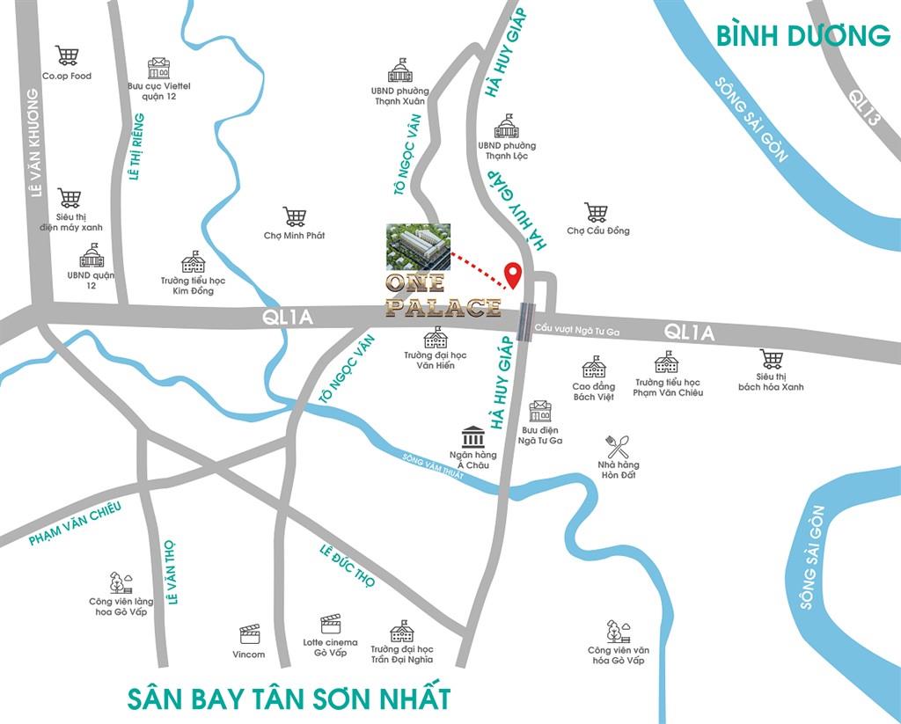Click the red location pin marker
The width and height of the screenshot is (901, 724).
tap(511, 274)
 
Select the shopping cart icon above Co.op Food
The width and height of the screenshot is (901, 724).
tap(67, 55)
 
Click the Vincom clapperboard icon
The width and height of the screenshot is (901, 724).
tap(249, 634)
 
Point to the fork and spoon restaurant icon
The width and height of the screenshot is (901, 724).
tap(618, 446)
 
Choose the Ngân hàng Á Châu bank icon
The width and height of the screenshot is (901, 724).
tap(472, 436)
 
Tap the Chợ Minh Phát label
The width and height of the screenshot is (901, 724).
tap(294, 236)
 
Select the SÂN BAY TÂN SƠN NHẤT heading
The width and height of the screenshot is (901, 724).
tap(289, 699)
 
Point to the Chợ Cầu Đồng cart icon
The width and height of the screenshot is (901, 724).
tap(597, 212)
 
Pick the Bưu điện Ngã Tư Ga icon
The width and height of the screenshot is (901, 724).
tap(539, 411)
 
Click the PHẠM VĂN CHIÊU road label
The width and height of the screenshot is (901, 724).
tap(74, 524)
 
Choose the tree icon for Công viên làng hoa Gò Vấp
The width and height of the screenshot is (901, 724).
tap(121, 582)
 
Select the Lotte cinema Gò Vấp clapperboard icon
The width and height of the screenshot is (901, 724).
tap(330, 624)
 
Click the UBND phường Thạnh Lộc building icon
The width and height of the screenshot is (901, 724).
tap(507, 126)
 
